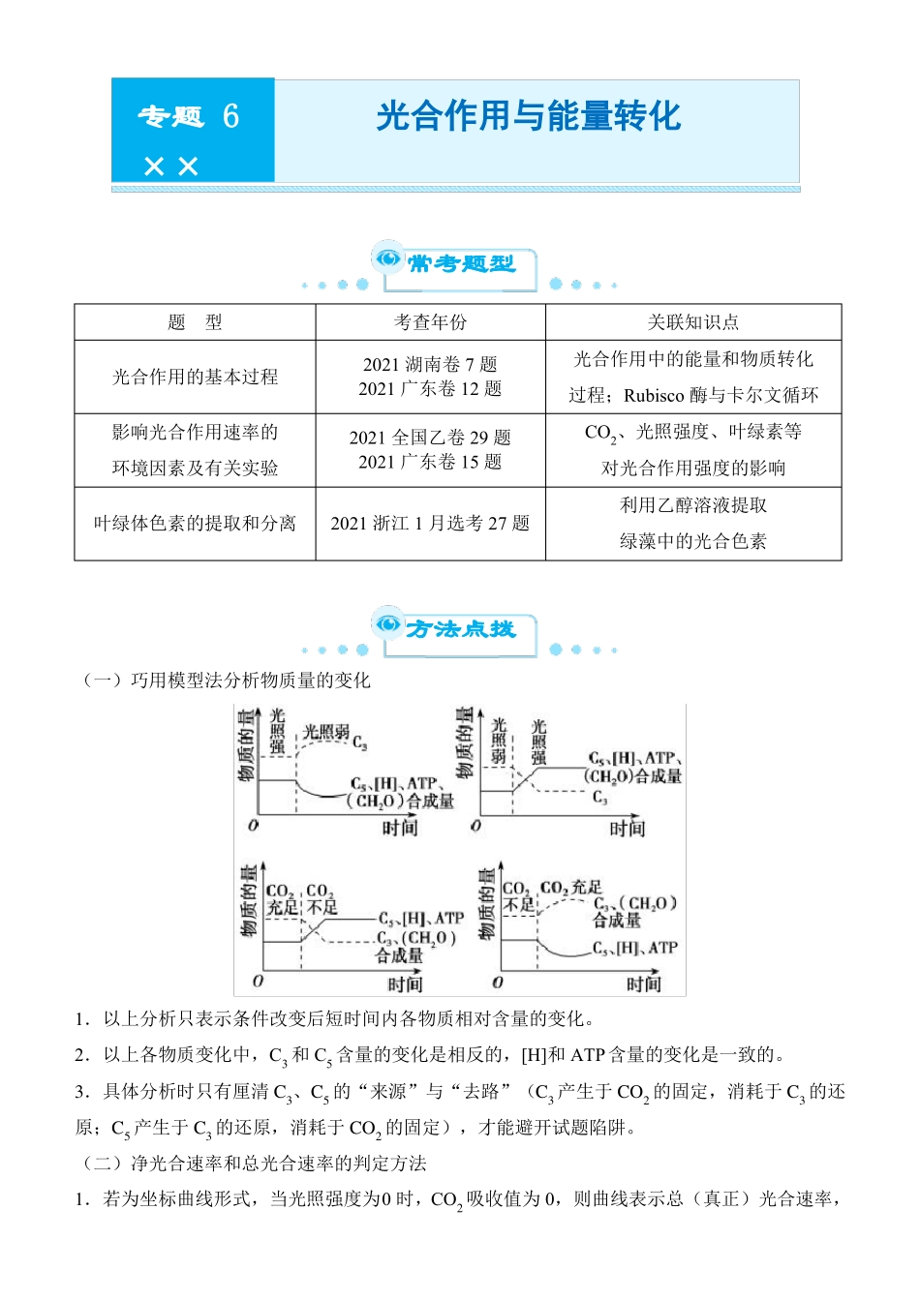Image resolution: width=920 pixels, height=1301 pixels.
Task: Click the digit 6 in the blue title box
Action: [x=230, y=116]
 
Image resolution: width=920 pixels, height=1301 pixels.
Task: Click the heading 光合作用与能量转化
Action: [x=529, y=116]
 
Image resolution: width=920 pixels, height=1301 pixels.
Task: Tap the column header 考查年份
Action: [x=430, y=322]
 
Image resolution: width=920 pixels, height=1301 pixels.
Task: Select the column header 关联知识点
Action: [x=692, y=322]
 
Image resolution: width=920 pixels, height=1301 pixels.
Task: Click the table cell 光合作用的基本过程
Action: [x=195, y=377]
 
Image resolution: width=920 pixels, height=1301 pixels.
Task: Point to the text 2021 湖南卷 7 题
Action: [x=430, y=365]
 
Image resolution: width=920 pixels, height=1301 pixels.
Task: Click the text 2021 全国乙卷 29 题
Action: [x=430, y=438]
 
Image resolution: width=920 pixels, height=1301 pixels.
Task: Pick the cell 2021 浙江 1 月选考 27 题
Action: [x=430, y=524]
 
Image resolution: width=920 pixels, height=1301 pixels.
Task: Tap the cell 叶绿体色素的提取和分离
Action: [x=195, y=524]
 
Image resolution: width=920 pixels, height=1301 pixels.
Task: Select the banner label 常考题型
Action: [x=461, y=263]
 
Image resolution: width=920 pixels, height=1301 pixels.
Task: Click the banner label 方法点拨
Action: [x=461, y=629]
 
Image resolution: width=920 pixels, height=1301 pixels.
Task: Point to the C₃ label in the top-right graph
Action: [x=600, y=798]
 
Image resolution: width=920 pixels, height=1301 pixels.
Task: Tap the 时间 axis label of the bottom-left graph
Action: [x=405, y=984]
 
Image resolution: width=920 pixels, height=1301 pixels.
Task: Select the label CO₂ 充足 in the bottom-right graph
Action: [x=570, y=888]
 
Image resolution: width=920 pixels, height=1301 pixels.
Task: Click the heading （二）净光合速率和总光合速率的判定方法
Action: [x=255, y=1164]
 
